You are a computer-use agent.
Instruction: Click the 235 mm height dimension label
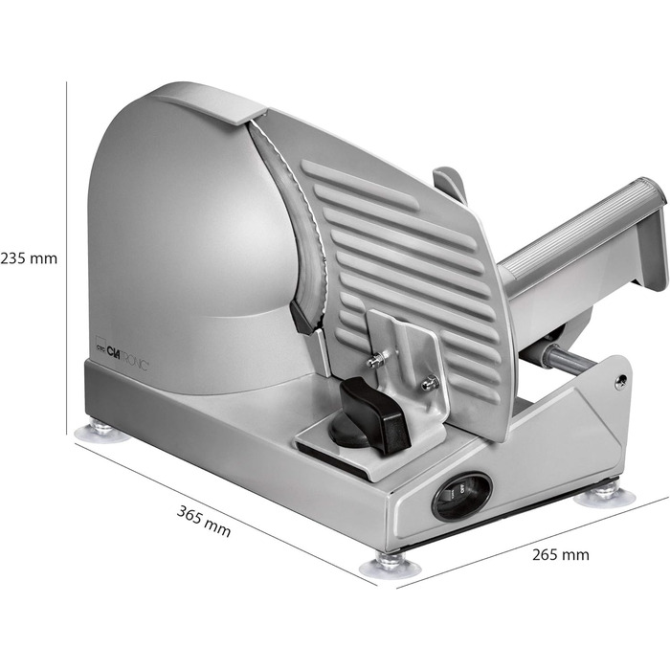[29, 258]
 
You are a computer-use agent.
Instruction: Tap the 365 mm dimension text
[204, 521]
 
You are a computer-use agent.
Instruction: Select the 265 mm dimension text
[561, 554]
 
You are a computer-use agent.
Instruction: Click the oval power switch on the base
[462, 497]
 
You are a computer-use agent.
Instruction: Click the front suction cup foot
[390, 564]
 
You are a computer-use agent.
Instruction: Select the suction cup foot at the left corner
[101, 432]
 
